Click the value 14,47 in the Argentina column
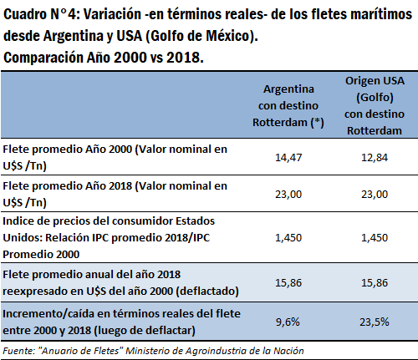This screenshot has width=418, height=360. pos(288,158)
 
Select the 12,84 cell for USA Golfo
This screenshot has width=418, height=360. pos(375,158)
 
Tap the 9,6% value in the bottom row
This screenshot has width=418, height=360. pos(288,322)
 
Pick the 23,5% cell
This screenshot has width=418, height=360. pos(375,322)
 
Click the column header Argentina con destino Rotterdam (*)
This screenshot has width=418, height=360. pos(288,106)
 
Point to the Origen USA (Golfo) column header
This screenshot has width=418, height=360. pos(375,105)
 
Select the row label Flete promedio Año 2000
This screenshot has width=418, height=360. pos(115,157)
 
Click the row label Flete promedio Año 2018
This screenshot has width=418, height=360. pos(115,194)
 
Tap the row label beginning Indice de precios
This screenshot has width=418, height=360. pos(109,237)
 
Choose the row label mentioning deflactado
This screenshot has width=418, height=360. pos(120,282)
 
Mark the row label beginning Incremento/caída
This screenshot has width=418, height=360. pos(121,322)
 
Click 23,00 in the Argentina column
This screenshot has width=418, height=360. pos(288,195)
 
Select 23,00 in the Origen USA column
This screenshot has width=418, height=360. pos(375,195)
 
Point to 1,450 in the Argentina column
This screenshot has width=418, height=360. pos(288,238)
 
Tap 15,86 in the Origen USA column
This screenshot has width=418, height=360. pos(375,283)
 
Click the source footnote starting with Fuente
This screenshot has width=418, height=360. pos(153,351)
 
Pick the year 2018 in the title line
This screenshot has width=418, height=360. pos(185,58)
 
